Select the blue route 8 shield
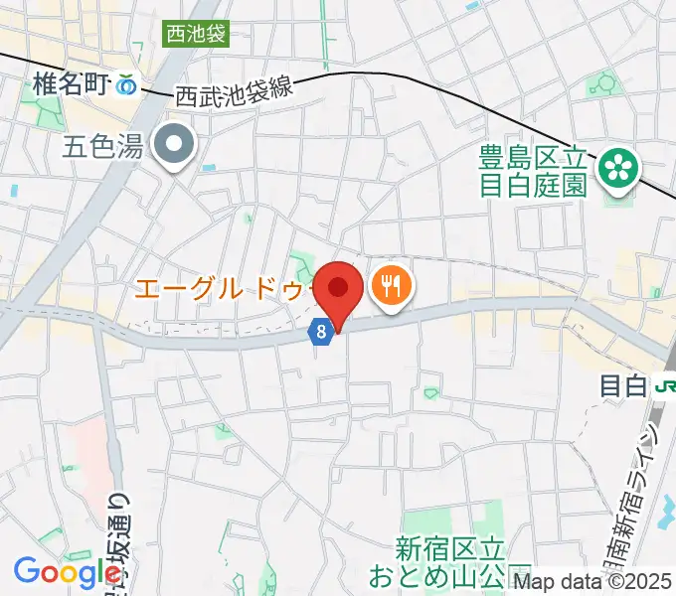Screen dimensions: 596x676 coord(321,333)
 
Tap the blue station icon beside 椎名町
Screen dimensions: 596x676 coord(126,87)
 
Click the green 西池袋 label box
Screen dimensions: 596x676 coord(196,36)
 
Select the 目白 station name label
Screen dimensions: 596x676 coord(623,386)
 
